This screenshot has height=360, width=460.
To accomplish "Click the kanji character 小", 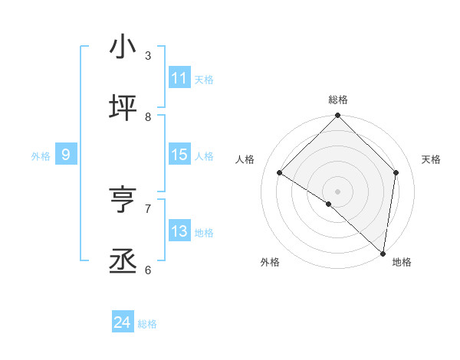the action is pos(123,47).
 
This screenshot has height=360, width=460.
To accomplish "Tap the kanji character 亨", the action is pos(123,200).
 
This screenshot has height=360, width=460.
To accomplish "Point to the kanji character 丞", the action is pos(123,261).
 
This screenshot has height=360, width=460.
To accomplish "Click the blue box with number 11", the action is pos(179,78).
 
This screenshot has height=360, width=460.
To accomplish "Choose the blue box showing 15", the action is pos(179,155).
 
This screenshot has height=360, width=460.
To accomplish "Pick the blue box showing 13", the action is pos(179,231).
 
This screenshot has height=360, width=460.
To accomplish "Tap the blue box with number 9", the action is pos(66,155).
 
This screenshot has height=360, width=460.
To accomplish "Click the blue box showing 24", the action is pos(123,323).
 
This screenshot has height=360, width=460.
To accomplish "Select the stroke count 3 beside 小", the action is pos(148,56).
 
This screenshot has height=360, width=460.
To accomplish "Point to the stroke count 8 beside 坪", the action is pos(148,117).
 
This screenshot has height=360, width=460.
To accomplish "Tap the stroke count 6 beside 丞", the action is pos(148,270).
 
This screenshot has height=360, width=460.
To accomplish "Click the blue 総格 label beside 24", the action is pos(147,324).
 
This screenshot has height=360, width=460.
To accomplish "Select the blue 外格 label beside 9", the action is pos(41,155).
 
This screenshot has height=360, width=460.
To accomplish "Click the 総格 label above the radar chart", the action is pos(337,100).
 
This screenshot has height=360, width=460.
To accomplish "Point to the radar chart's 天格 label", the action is pos(432,159).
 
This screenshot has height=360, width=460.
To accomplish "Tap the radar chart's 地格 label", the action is pos(402,262).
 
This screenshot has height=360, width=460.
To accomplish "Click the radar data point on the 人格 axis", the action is pos(280,173).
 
